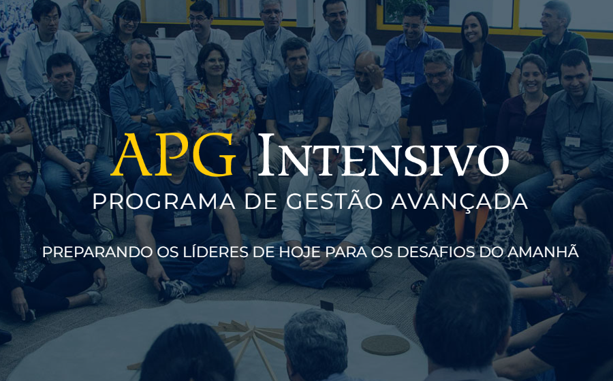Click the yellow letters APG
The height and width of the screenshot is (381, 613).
coord(174,155)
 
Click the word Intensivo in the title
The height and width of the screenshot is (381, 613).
coord(383,155)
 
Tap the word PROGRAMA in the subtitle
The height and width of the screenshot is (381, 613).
coord(163,201)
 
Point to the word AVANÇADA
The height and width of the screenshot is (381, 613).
coord(459,202)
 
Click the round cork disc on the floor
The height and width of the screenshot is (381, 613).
coord(386,345)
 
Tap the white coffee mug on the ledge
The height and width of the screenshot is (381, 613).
coord(160,33)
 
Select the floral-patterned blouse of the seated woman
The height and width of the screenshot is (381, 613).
coord(219,105)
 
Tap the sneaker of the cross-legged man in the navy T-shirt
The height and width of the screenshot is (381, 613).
coord(174,290)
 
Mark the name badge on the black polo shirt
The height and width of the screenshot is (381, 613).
coord(439,127)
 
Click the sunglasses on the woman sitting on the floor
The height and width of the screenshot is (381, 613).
coord(22,176)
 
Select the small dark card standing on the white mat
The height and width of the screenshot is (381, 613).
coord(327,305)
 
